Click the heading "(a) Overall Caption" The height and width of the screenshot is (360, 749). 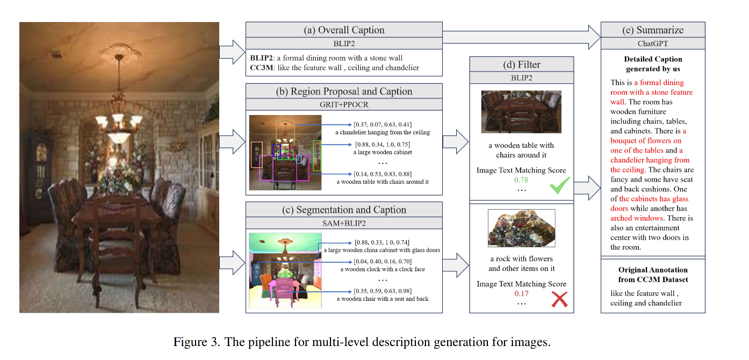(x=344, y=30)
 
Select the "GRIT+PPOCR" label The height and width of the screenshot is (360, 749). (x=344, y=104)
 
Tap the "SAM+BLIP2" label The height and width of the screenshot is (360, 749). (x=344, y=223)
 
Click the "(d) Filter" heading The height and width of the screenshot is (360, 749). (x=521, y=64)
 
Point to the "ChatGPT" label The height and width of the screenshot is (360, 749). (x=652, y=44)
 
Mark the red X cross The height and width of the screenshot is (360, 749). (x=559, y=299)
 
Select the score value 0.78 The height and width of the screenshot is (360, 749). (x=521, y=180)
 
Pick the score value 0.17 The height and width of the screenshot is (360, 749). (x=521, y=293)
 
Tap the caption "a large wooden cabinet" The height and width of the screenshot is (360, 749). (x=382, y=152)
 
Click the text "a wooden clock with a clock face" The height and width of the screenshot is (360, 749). (x=382, y=269)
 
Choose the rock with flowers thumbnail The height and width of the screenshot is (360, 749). (x=521, y=228)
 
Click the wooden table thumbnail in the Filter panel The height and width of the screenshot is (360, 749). (x=521, y=111)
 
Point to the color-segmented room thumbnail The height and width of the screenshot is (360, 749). (x=285, y=270)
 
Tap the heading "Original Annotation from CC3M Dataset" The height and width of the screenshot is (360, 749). (x=652, y=275)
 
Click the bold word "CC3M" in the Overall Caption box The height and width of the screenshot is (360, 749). (x=262, y=68)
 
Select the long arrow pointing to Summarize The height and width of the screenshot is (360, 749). (x=521, y=37)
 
